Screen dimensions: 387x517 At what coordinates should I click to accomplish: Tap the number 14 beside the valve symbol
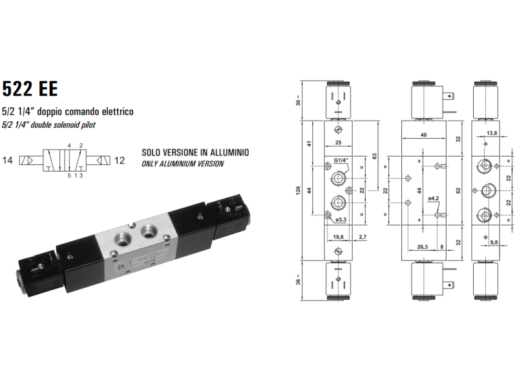8,159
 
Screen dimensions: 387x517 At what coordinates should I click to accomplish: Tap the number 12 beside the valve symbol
120,159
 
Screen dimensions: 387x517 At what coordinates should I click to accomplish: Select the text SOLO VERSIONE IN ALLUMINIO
195,153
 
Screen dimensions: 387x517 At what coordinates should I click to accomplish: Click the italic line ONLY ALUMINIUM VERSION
182,164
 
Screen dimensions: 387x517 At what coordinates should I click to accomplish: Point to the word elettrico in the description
116,112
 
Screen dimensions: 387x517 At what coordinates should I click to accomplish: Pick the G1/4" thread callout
341,161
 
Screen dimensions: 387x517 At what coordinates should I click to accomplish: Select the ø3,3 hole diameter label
341,221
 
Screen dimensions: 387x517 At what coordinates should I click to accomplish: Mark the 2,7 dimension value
363,238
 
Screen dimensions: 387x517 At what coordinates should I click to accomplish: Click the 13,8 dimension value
491,134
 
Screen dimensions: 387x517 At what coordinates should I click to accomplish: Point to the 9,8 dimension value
493,243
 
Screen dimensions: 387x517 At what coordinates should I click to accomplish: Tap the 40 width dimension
423,135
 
